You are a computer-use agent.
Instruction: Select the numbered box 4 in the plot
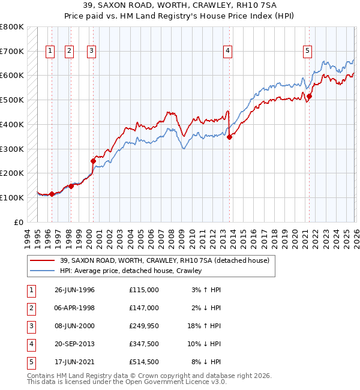(x=228, y=52)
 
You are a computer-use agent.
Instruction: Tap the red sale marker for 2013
(x=230, y=137)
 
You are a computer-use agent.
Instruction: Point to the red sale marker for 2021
(x=310, y=96)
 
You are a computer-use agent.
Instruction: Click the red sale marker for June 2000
(x=93, y=161)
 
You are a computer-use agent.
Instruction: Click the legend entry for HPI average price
(x=131, y=271)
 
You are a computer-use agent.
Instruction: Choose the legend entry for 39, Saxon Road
(x=164, y=260)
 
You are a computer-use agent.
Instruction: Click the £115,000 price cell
(x=144, y=289)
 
